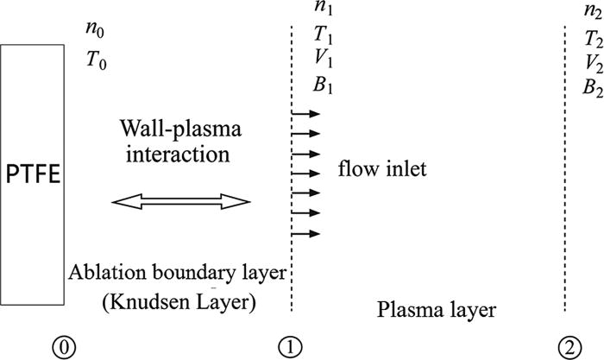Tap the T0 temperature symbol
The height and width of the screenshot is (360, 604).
pyautogui.click(x=96, y=62)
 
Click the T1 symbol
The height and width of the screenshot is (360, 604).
pyautogui.click(x=325, y=35)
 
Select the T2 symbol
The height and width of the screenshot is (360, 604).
pyautogui.click(x=593, y=39)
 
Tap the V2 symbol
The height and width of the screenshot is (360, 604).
pyautogui.click(x=593, y=63)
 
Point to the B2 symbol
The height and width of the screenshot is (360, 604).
pyautogui.click(x=593, y=87)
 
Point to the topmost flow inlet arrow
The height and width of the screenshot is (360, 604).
pyautogui.click(x=306, y=113)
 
